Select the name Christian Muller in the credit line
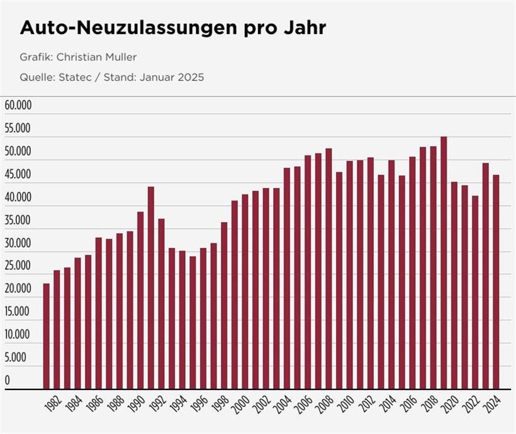96,57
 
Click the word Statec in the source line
74,78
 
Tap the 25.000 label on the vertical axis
18,265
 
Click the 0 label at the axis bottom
8,380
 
